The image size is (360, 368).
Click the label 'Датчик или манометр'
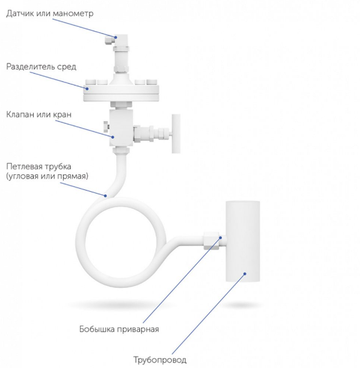(x=50, y=13)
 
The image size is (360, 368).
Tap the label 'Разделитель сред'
(x=41, y=67)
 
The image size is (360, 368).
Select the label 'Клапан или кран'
(x=39, y=114)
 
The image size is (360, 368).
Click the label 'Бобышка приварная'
(x=119, y=329)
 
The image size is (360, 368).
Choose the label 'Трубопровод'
(x=160, y=359)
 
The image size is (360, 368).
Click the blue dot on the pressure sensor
(x=116, y=37)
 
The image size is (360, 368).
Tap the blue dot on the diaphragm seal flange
(x=87, y=89)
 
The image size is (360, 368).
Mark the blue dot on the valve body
(x=112, y=137)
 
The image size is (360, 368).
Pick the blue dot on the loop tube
(x=106, y=196)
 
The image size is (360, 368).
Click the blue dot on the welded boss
(x=221, y=238)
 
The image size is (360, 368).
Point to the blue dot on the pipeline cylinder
(x=245, y=274)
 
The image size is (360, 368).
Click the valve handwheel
(x=176, y=134)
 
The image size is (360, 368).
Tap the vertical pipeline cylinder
(x=243, y=241)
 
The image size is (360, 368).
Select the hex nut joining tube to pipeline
(x=211, y=241)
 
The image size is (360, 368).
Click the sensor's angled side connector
(x=109, y=39)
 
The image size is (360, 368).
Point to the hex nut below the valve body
(x=121, y=150)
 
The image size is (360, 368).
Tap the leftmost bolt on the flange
(x=91, y=82)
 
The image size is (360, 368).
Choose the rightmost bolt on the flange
(x=152, y=82)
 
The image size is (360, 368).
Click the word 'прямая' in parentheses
(x=74, y=176)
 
